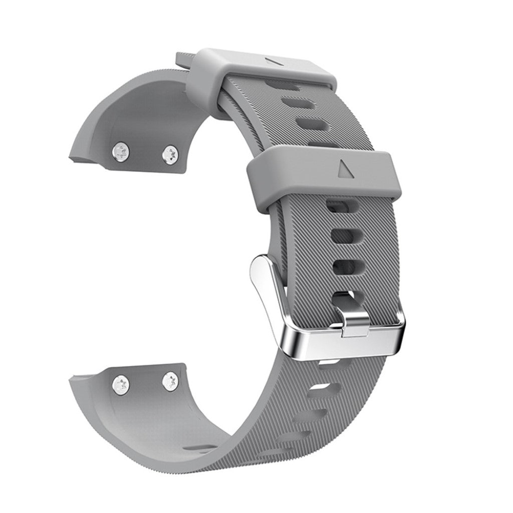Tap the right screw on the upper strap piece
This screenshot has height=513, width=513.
(171, 155)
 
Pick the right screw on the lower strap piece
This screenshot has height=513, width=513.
(171, 382)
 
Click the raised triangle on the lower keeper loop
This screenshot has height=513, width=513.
(346, 169)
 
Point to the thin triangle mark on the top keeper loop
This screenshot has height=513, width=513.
(275, 61)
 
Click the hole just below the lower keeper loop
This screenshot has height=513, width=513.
(337, 205)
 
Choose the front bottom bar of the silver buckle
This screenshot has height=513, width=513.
(346, 341)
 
